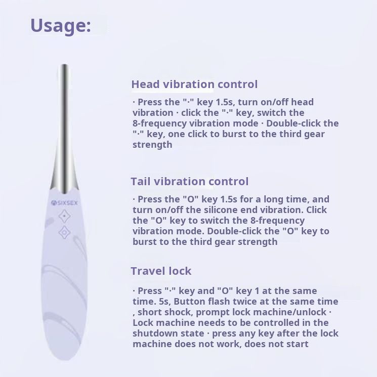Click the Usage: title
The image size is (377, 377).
[x=61, y=26]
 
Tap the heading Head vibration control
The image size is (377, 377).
[x=194, y=84]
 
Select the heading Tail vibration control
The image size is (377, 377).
[x=189, y=181]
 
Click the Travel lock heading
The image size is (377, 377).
[x=161, y=271]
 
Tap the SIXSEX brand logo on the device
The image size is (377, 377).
[x=64, y=203]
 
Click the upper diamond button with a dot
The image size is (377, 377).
[x=64, y=216]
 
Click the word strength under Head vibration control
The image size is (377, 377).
[x=152, y=145]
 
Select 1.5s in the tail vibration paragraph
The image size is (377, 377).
[x=229, y=199]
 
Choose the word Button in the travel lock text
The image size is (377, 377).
[x=189, y=302]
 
